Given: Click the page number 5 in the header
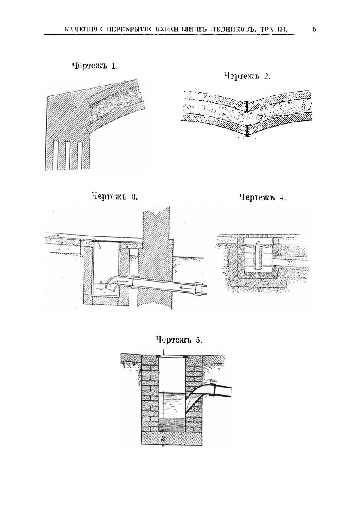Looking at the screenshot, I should point(314,30).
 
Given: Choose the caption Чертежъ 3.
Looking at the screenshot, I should point(114,197).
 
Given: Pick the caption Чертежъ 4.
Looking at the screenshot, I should point(262,197).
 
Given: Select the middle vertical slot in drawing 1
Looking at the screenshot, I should point(68,155).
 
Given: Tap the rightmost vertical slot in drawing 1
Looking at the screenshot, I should point(80,155).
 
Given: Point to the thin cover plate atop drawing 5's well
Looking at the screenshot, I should point(173,356).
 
